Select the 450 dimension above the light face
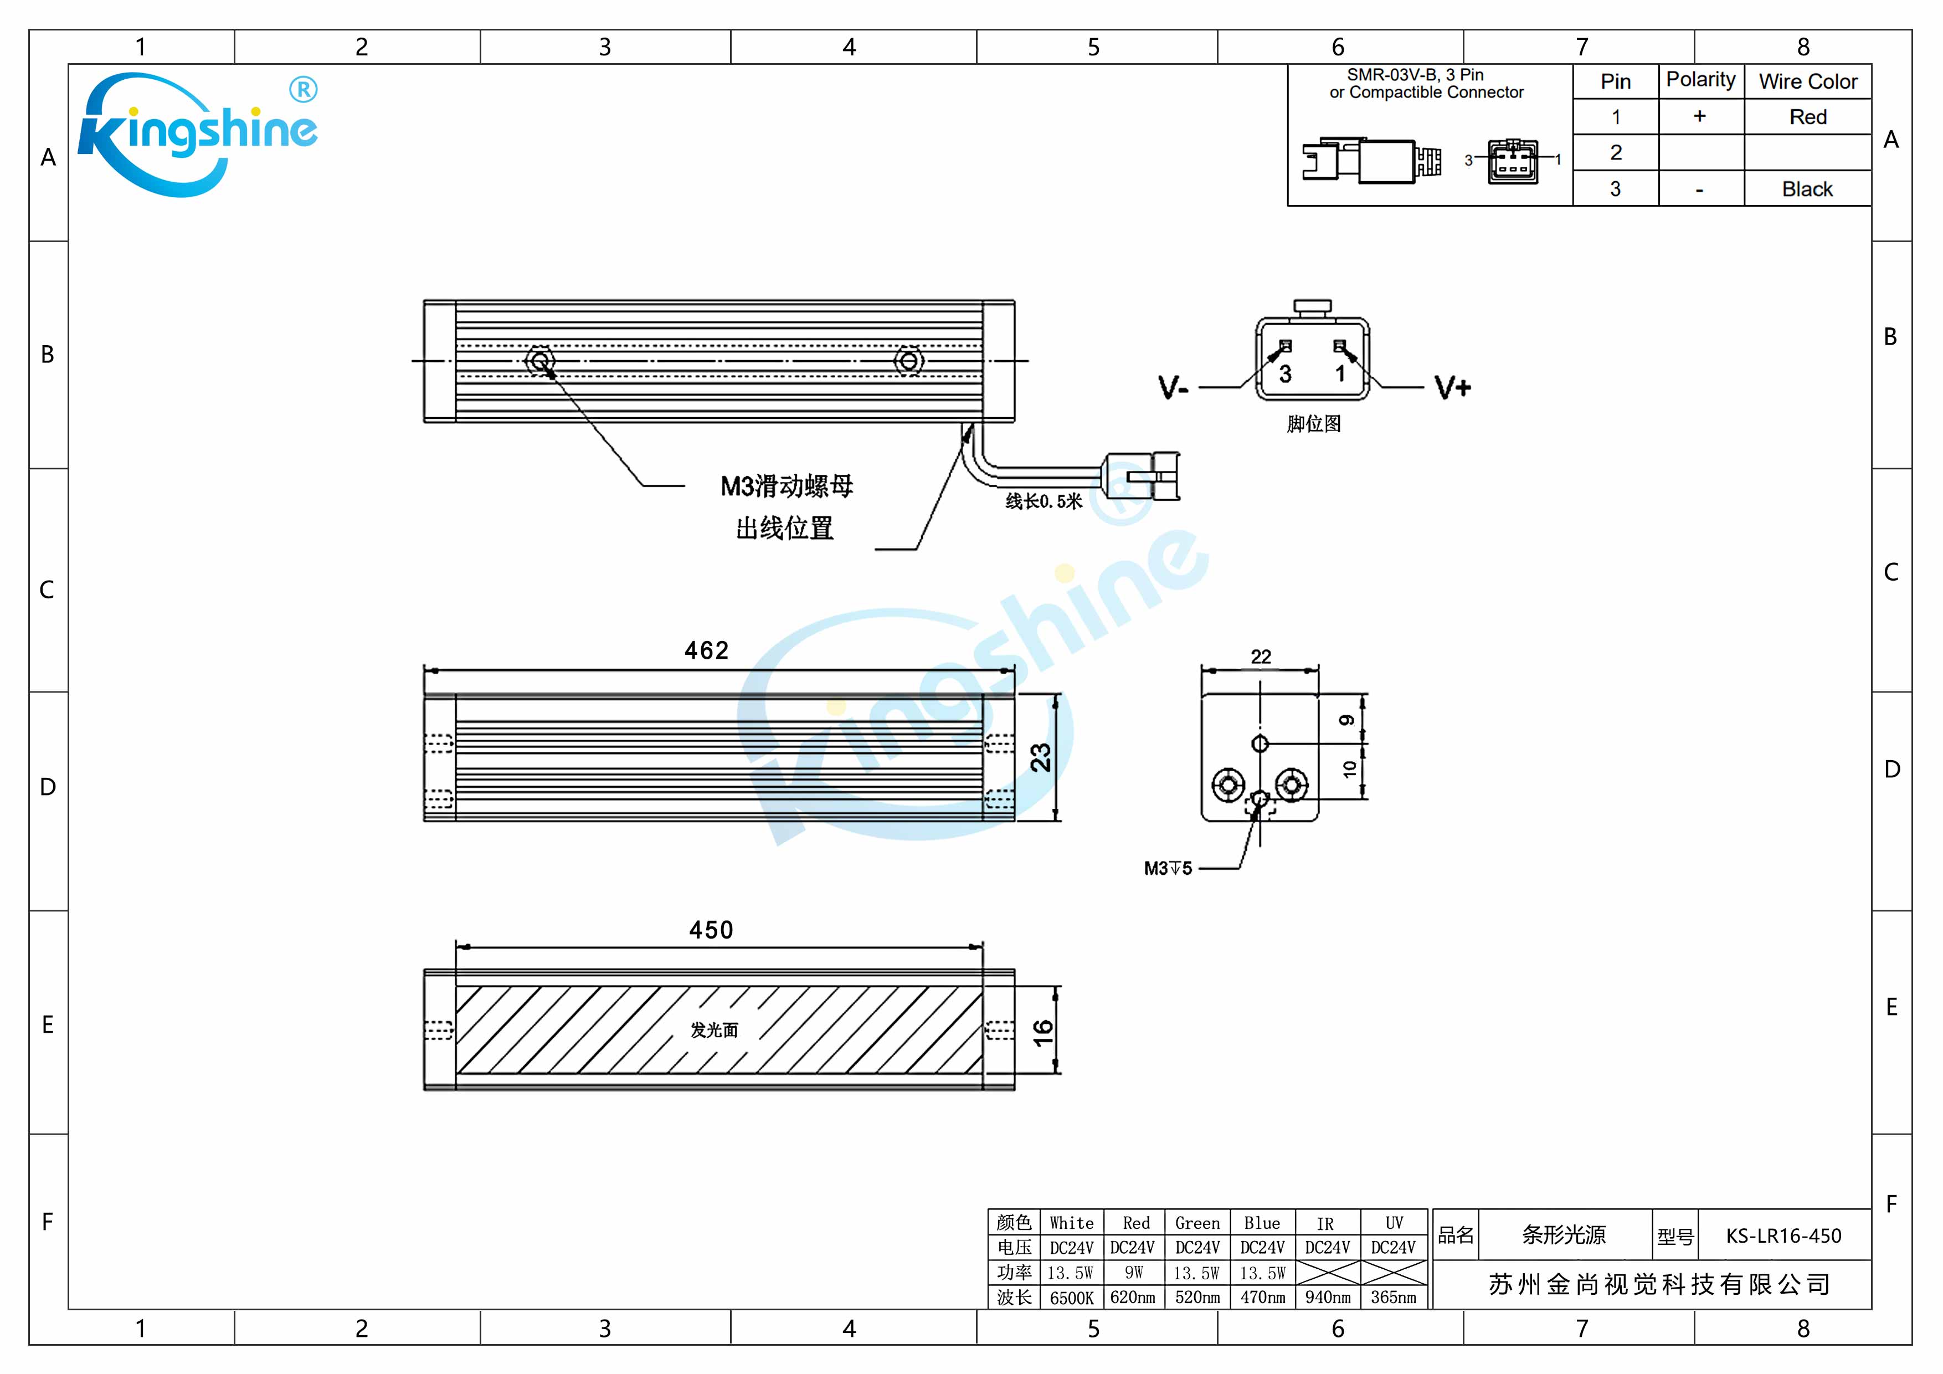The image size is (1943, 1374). tap(711, 930)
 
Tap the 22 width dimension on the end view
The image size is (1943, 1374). tap(1260, 657)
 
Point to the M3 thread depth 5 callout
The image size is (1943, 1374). tap(1168, 869)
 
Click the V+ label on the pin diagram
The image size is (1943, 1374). tap(1452, 388)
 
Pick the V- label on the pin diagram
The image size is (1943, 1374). tap(1173, 388)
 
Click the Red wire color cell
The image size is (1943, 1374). tap(1808, 117)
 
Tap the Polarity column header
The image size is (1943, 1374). tap(1700, 80)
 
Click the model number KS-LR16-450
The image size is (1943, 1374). tap(1783, 1236)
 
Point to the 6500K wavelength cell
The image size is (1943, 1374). tap(1071, 1298)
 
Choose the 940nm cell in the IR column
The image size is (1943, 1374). tap(1327, 1298)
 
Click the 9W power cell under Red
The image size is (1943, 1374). tap(1134, 1273)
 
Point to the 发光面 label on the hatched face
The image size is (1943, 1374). tap(715, 1030)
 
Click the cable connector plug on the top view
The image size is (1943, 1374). tap(1143, 476)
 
